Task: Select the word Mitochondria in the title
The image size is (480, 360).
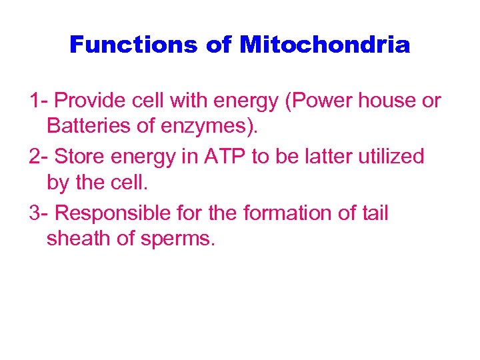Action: click(325, 45)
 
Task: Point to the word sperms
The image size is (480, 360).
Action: click(177, 238)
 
